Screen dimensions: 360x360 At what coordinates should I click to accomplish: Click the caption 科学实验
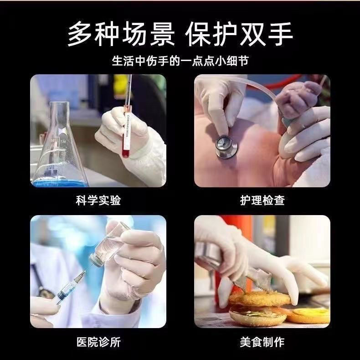click(x=98, y=201)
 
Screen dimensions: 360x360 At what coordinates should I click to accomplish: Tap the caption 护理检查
click(x=262, y=201)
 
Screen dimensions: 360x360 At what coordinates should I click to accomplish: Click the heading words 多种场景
click(x=121, y=33)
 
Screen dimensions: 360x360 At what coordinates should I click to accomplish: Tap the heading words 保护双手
click(x=239, y=33)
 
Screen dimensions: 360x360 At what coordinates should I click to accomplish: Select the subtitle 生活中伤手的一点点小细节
click(x=180, y=61)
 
